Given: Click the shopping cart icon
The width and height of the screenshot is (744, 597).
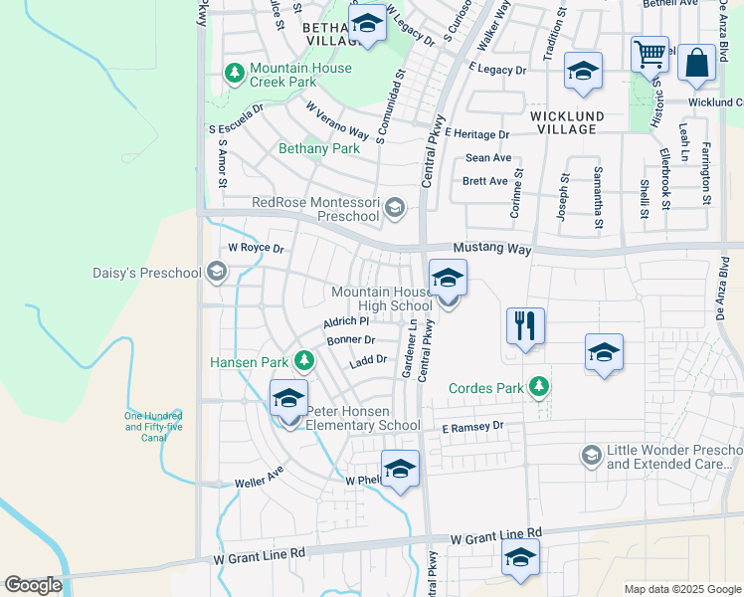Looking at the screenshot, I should [650, 55].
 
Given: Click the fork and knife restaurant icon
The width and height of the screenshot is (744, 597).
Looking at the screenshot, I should [525, 325].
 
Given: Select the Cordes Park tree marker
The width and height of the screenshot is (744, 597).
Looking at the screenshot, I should [539, 386].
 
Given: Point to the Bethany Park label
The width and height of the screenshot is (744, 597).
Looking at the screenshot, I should [318, 148].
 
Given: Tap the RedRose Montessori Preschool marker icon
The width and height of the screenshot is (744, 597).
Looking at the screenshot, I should [395, 208].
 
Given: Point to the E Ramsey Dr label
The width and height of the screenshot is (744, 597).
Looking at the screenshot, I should [473, 426].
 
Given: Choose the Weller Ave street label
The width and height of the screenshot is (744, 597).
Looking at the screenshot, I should [260, 477].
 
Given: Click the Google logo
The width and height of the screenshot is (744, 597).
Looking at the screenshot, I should [33, 585].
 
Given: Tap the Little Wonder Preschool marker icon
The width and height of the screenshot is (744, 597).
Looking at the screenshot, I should [590, 455].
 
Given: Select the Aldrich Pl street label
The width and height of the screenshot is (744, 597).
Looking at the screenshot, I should [346, 321].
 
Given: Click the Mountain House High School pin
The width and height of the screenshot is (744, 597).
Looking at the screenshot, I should [448, 280].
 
